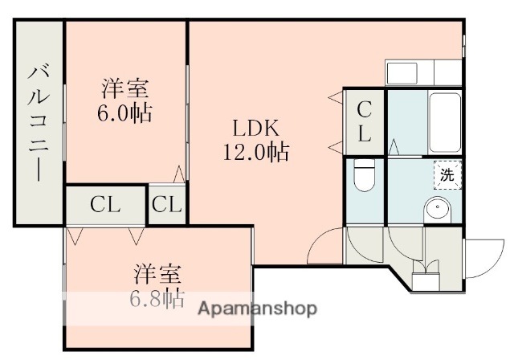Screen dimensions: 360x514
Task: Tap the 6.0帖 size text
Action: pyautogui.click(x=125, y=113)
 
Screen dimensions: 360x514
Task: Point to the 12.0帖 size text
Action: pyautogui.click(x=256, y=151)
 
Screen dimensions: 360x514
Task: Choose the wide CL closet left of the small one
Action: pyautogui.click(x=105, y=204)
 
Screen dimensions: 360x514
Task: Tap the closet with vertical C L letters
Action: pyautogui.click(x=364, y=121)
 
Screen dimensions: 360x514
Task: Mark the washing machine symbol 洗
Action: pyautogui.click(x=447, y=174)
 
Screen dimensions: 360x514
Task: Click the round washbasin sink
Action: pyautogui.click(x=438, y=210)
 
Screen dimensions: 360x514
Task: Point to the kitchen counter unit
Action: pyautogui.click(x=422, y=72)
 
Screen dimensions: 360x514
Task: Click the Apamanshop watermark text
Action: pyautogui.click(x=257, y=309)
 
